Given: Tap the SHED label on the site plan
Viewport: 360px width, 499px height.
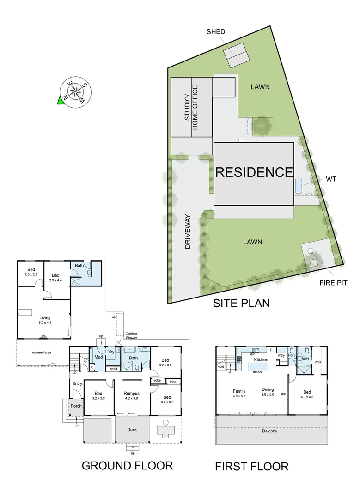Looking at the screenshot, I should point(216,32).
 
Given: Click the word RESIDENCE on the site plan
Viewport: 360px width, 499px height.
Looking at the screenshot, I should point(254,172).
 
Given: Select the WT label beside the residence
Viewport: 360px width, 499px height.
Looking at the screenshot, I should point(331,178).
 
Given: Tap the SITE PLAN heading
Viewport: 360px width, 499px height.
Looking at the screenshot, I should point(241,303).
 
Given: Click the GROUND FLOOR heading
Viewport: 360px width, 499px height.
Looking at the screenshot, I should point(127,465).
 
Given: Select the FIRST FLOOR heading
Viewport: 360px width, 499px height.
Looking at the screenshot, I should point(251,466).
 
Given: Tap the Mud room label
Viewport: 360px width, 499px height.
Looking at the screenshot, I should point(98,357).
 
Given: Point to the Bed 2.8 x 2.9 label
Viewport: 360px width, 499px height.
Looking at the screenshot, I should point(31,272).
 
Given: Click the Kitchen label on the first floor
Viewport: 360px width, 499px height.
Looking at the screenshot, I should point(261,359).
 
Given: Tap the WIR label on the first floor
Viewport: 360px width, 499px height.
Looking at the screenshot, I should point(318,363).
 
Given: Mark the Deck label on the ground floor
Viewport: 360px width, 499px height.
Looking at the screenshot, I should point(132,430).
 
